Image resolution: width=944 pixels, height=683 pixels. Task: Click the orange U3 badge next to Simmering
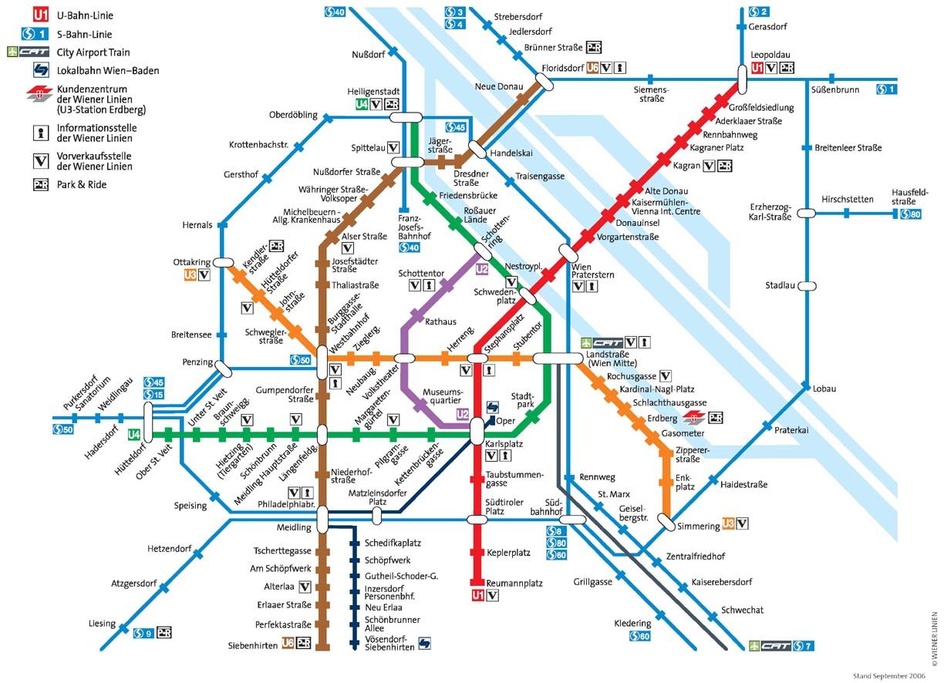click(727, 524)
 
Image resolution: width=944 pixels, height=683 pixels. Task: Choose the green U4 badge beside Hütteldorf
click(134, 435)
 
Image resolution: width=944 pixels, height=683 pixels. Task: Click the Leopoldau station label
click(770, 56)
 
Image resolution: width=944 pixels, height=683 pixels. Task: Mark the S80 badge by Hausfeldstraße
click(911, 214)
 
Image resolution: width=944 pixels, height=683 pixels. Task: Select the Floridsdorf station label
click(562, 68)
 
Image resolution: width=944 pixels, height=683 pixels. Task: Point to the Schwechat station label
click(742, 610)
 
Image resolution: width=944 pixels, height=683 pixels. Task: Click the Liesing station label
click(102, 624)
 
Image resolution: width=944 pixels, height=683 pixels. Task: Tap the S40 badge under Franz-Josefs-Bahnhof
click(410, 247)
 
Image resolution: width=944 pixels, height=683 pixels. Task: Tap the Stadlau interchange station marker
click(807, 285)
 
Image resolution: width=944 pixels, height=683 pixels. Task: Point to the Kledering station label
click(632, 623)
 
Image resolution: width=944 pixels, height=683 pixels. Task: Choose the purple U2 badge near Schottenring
click(483, 269)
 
